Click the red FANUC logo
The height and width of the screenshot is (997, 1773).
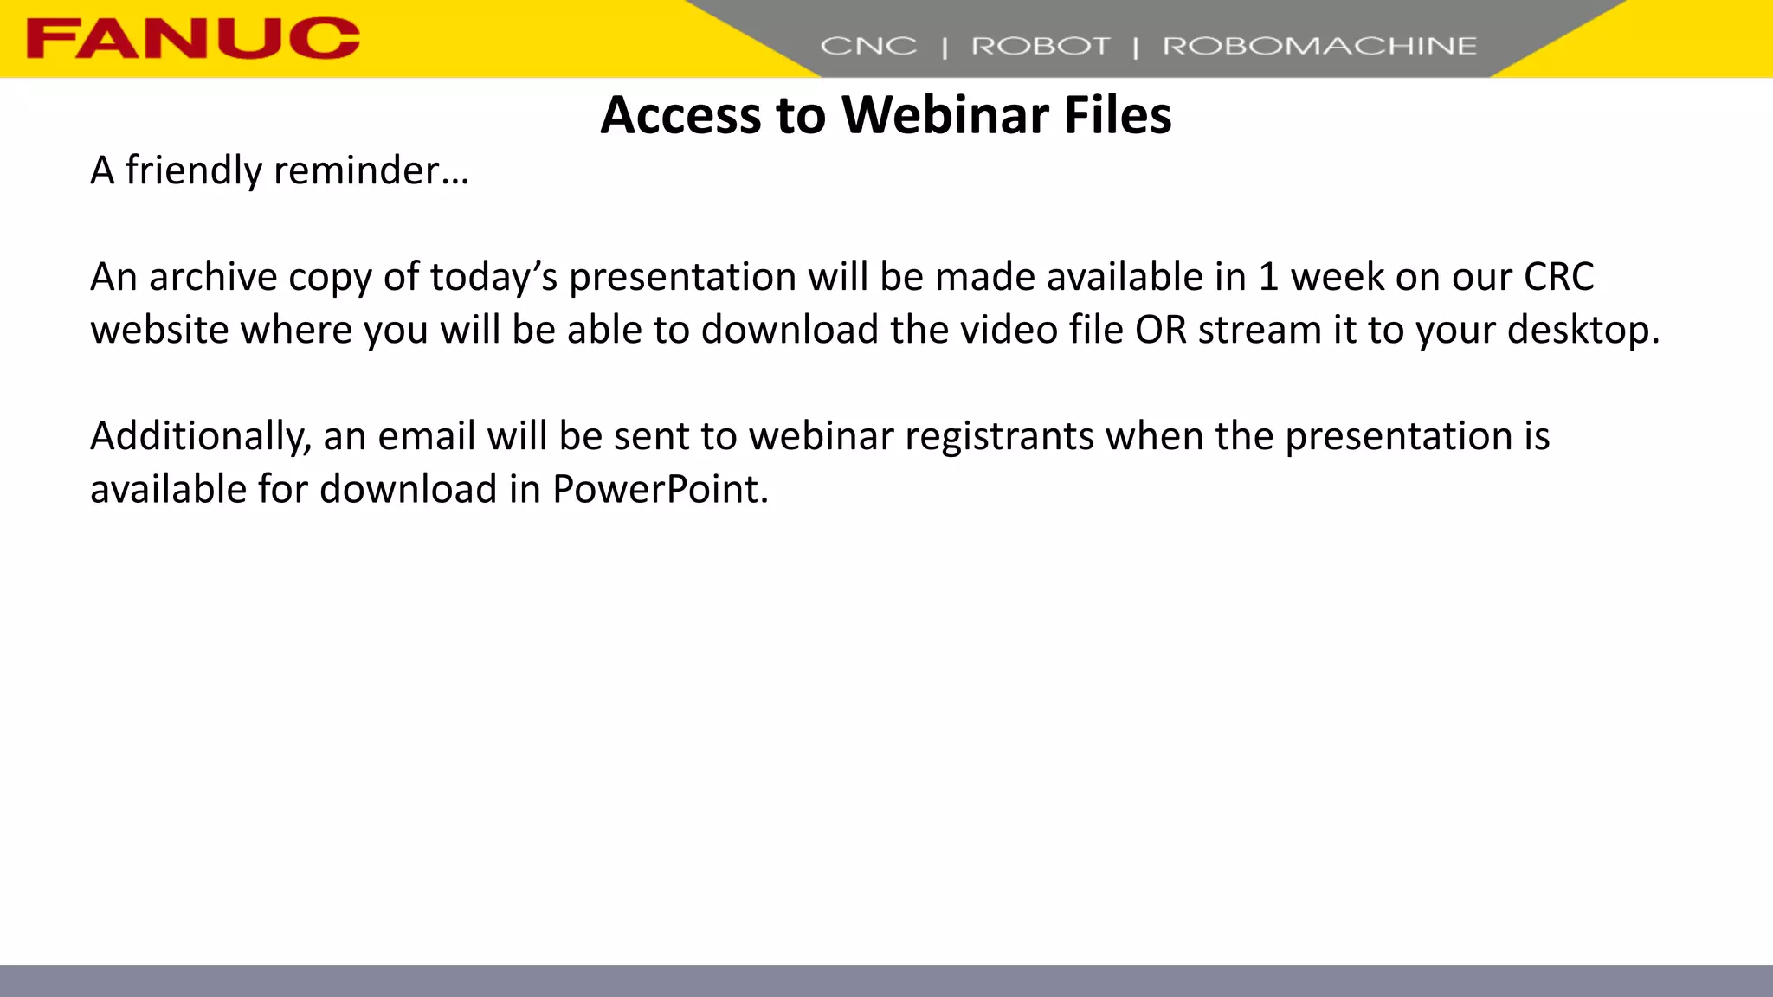click(192, 39)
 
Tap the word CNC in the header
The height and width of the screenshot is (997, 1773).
click(867, 46)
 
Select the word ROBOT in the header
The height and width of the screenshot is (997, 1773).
click(1040, 46)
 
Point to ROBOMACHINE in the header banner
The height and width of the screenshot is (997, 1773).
click(1318, 46)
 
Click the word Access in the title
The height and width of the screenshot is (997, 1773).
click(683, 115)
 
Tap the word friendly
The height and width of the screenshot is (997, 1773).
click(193, 170)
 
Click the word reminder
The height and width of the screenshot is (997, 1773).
click(371, 170)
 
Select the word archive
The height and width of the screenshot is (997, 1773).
click(212, 278)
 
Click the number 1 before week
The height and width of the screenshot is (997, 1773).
click(1268, 278)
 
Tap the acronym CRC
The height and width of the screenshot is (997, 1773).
click(1558, 278)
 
